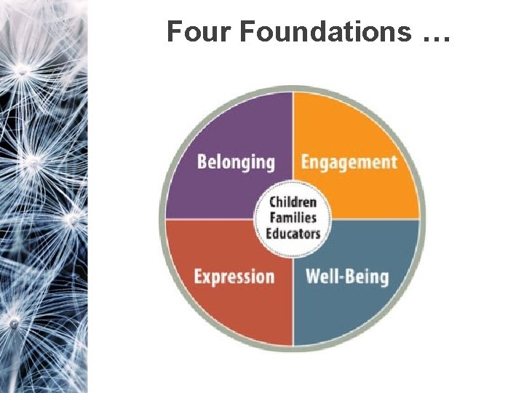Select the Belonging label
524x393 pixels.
tap(235, 162)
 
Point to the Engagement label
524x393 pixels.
tap(349, 162)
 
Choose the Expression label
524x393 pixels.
tap(234, 277)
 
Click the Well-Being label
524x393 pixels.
tap(347, 276)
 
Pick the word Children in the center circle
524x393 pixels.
tap(293, 202)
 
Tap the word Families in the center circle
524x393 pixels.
tap(293, 218)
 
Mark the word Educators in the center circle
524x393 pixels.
tap(293, 233)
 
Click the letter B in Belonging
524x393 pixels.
tap(202, 161)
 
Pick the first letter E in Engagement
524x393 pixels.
tap(306, 161)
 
